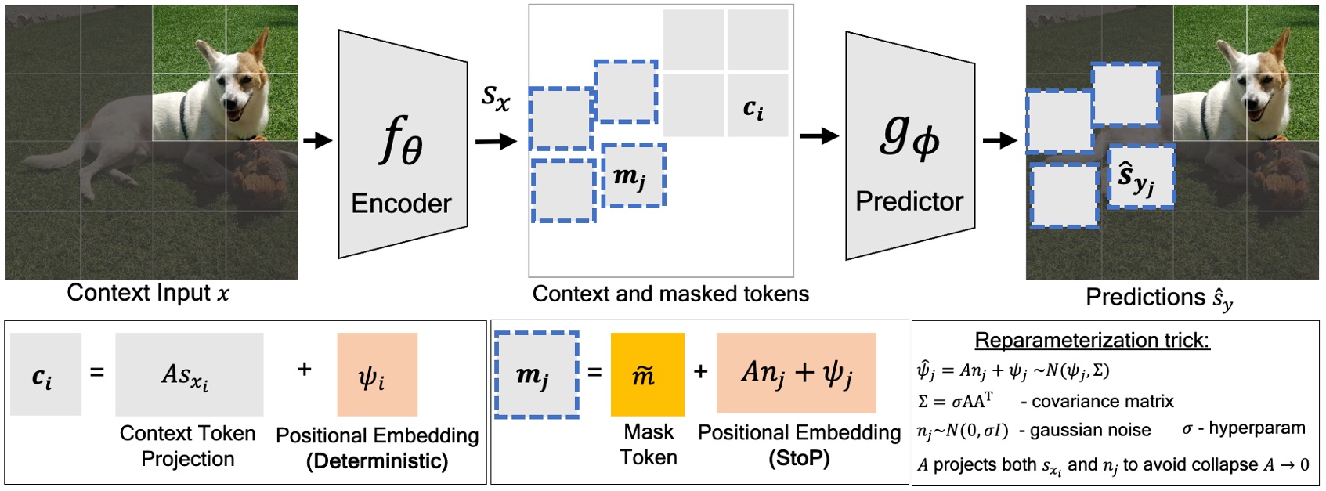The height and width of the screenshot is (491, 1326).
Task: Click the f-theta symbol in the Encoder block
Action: pos(401,141)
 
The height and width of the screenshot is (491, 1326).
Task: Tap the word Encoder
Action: pos(401,204)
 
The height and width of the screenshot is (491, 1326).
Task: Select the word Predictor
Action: pos(909,201)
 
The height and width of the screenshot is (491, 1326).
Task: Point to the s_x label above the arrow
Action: pos(495,97)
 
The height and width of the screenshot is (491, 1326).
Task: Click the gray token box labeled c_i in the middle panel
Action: pos(757,106)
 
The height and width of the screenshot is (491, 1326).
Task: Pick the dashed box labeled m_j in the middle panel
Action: pos(633,175)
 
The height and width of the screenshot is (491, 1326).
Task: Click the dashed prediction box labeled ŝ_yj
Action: pos(1141,178)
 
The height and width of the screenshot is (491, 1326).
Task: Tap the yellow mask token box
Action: pos(647,374)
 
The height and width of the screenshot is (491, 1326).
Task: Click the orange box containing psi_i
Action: pos(377,374)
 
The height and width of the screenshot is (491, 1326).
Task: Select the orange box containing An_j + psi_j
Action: pos(796,373)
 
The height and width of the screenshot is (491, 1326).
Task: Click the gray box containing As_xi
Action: pos(189,374)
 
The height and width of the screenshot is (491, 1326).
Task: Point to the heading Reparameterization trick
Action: pos(1091,340)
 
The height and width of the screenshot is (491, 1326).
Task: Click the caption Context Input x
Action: pos(148,293)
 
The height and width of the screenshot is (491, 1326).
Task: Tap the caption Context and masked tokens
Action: pos(670,294)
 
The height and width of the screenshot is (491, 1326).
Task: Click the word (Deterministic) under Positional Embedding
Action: pos(377,461)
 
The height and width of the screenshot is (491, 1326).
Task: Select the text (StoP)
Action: pos(799,458)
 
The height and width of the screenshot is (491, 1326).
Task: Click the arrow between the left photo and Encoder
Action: pos(317,141)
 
